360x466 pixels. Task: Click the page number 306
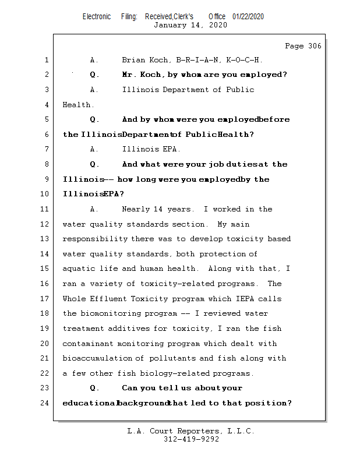coord(314,46)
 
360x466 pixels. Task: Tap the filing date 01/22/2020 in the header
coord(248,16)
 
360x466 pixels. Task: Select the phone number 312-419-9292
coord(191,440)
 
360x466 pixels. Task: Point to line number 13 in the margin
coord(46,239)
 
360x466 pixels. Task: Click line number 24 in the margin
coord(46,403)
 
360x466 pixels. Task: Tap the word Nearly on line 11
coord(136,209)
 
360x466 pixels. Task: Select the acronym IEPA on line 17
coord(248,299)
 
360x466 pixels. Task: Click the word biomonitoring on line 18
coord(110,313)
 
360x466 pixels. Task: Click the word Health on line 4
coord(78,105)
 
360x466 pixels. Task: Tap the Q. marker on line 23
coord(95,388)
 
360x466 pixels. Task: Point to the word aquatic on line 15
coord(79,269)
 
